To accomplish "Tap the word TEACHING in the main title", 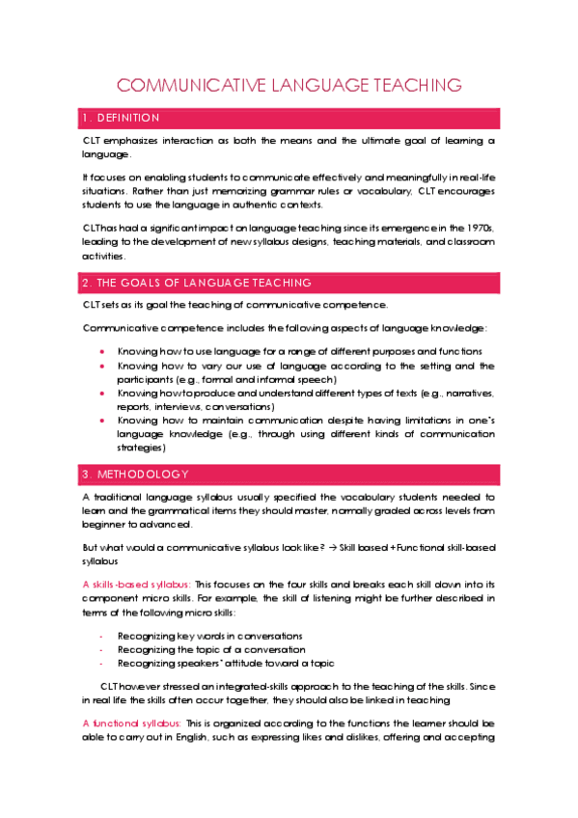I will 412,86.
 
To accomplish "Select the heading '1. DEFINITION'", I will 122,118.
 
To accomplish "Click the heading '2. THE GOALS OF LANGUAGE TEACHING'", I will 198,283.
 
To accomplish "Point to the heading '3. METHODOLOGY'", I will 136,474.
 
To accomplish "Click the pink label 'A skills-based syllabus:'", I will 137,585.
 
